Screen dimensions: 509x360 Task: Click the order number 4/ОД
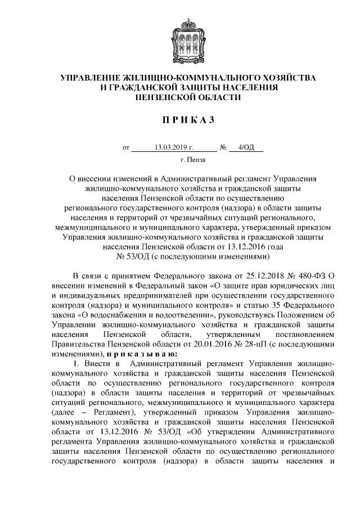246,148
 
